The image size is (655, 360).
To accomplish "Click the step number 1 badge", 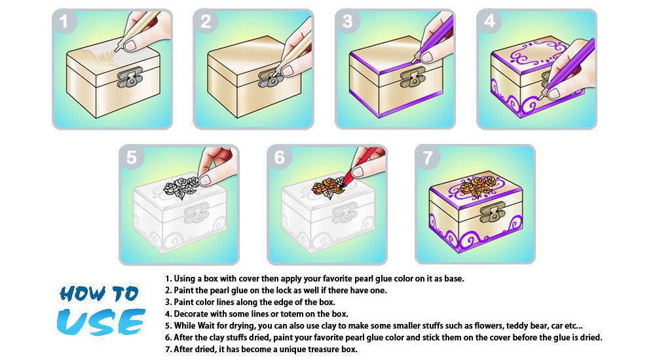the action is [64, 22].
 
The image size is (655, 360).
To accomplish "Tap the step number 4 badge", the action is [489, 21].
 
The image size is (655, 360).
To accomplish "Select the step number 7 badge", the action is [427, 158].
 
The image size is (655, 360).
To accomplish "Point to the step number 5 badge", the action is [131, 158].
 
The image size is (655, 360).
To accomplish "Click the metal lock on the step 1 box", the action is [130, 78].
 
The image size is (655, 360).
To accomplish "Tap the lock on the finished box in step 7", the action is [492, 211].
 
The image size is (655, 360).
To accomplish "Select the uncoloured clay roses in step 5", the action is [181, 187].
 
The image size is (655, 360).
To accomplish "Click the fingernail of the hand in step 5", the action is [204, 179].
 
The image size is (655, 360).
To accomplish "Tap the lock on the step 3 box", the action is [413, 78].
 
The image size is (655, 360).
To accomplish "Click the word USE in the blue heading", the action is [101, 322].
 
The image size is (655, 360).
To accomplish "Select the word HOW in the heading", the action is [83, 293].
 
